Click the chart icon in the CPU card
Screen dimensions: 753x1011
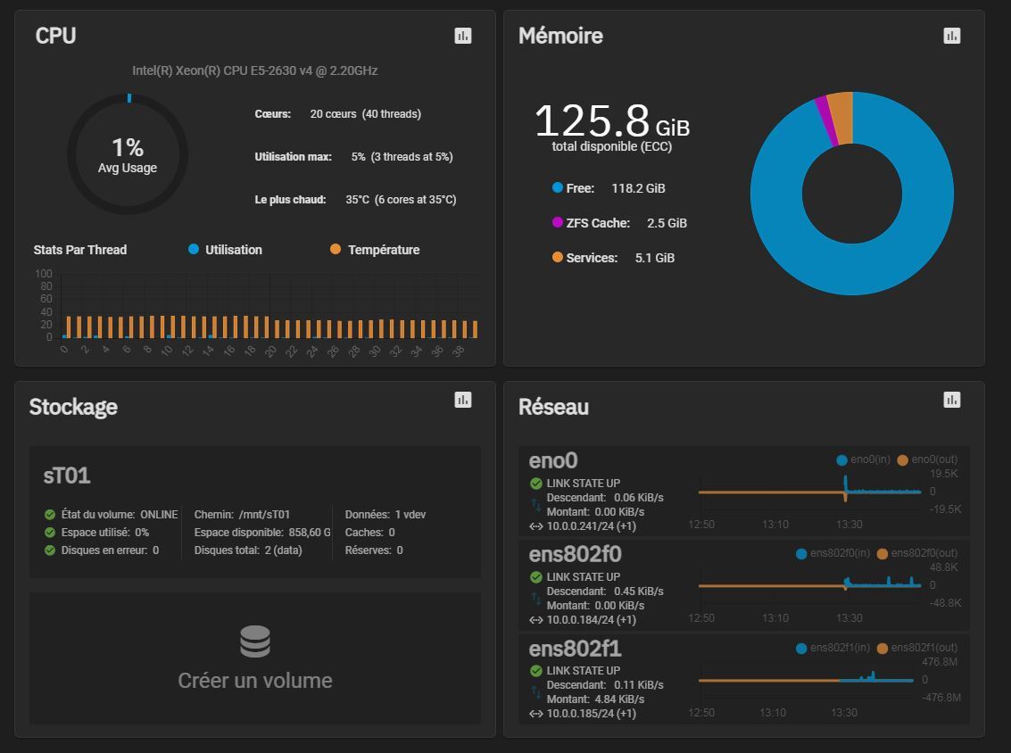462,36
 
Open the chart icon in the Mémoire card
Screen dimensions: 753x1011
952,36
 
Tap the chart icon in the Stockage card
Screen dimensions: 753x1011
462,400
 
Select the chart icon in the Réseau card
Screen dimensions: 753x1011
952,400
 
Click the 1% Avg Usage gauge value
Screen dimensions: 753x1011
128,147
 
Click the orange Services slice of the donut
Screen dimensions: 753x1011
841,116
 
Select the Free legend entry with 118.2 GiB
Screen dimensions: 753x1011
609,188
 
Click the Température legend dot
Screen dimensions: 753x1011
336,250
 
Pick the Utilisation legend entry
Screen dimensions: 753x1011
225,250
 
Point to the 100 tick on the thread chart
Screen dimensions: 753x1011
44,274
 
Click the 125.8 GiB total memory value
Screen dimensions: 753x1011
611,121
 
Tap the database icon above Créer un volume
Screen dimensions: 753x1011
254,641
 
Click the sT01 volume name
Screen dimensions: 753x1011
67,476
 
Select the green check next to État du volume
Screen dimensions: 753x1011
50,515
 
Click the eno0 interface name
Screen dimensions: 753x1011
553,460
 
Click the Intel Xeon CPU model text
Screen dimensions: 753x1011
255,70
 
